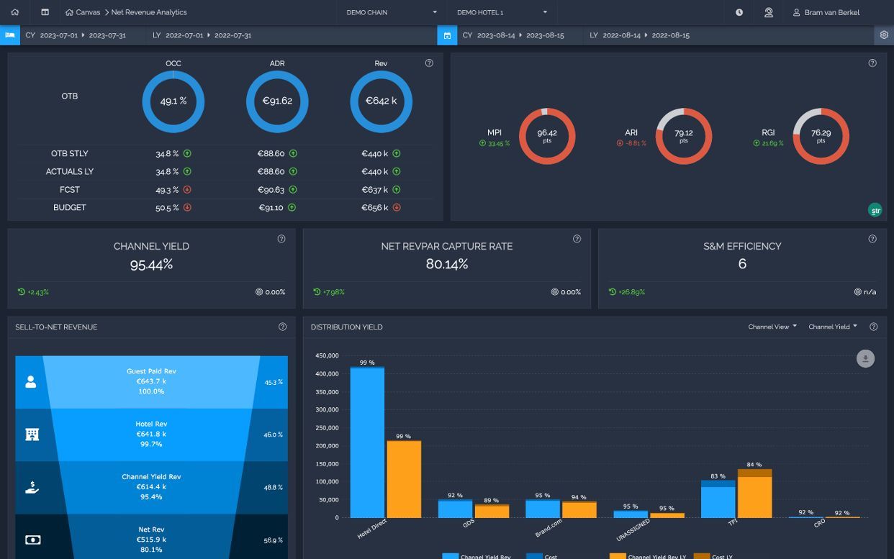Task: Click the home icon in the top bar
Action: click(x=15, y=12)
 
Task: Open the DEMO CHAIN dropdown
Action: click(x=391, y=12)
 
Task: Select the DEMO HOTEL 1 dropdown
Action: click(x=502, y=12)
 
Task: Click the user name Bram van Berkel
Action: click(x=832, y=12)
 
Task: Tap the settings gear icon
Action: click(x=884, y=35)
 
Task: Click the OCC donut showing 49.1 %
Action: click(x=173, y=72)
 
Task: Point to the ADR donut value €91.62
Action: click(x=277, y=101)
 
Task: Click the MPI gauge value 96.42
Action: click(x=547, y=133)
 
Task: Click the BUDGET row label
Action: click(x=69, y=207)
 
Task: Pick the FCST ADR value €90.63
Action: click(x=271, y=190)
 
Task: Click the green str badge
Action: click(x=875, y=210)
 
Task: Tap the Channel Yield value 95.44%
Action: click(x=151, y=265)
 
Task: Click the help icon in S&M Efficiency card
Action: click(x=872, y=239)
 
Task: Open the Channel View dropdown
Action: click(x=772, y=327)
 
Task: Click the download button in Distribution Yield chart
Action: click(x=865, y=358)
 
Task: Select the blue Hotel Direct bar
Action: click(x=367, y=442)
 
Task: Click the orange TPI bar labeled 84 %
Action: click(x=754, y=494)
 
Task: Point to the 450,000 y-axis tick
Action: click(x=327, y=355)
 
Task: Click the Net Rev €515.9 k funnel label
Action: click(x=151, y=540)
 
